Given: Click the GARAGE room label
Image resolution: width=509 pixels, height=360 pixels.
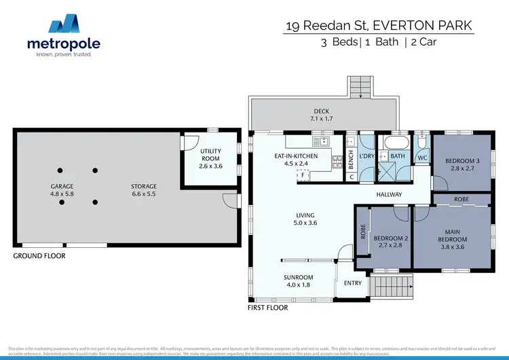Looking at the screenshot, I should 62,186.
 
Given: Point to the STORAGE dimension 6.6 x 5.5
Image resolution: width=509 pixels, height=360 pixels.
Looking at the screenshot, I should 143,194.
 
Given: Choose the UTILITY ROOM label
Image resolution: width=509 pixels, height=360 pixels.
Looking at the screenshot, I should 207,156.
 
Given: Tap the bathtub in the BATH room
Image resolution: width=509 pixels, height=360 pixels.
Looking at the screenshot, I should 394,144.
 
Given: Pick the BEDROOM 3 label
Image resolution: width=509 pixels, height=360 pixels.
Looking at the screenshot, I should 461,161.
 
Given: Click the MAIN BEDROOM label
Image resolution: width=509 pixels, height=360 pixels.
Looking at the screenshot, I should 452,236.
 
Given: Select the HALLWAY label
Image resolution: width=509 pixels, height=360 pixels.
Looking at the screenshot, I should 390,195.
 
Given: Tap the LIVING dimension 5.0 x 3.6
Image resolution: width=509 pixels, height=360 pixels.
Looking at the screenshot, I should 305,223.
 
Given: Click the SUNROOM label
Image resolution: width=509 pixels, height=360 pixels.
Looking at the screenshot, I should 298,277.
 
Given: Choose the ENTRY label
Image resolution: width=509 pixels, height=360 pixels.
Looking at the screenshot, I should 353,283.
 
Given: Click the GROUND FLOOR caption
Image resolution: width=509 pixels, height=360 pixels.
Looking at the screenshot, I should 39,256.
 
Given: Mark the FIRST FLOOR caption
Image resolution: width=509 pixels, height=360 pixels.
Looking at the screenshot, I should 267,308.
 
